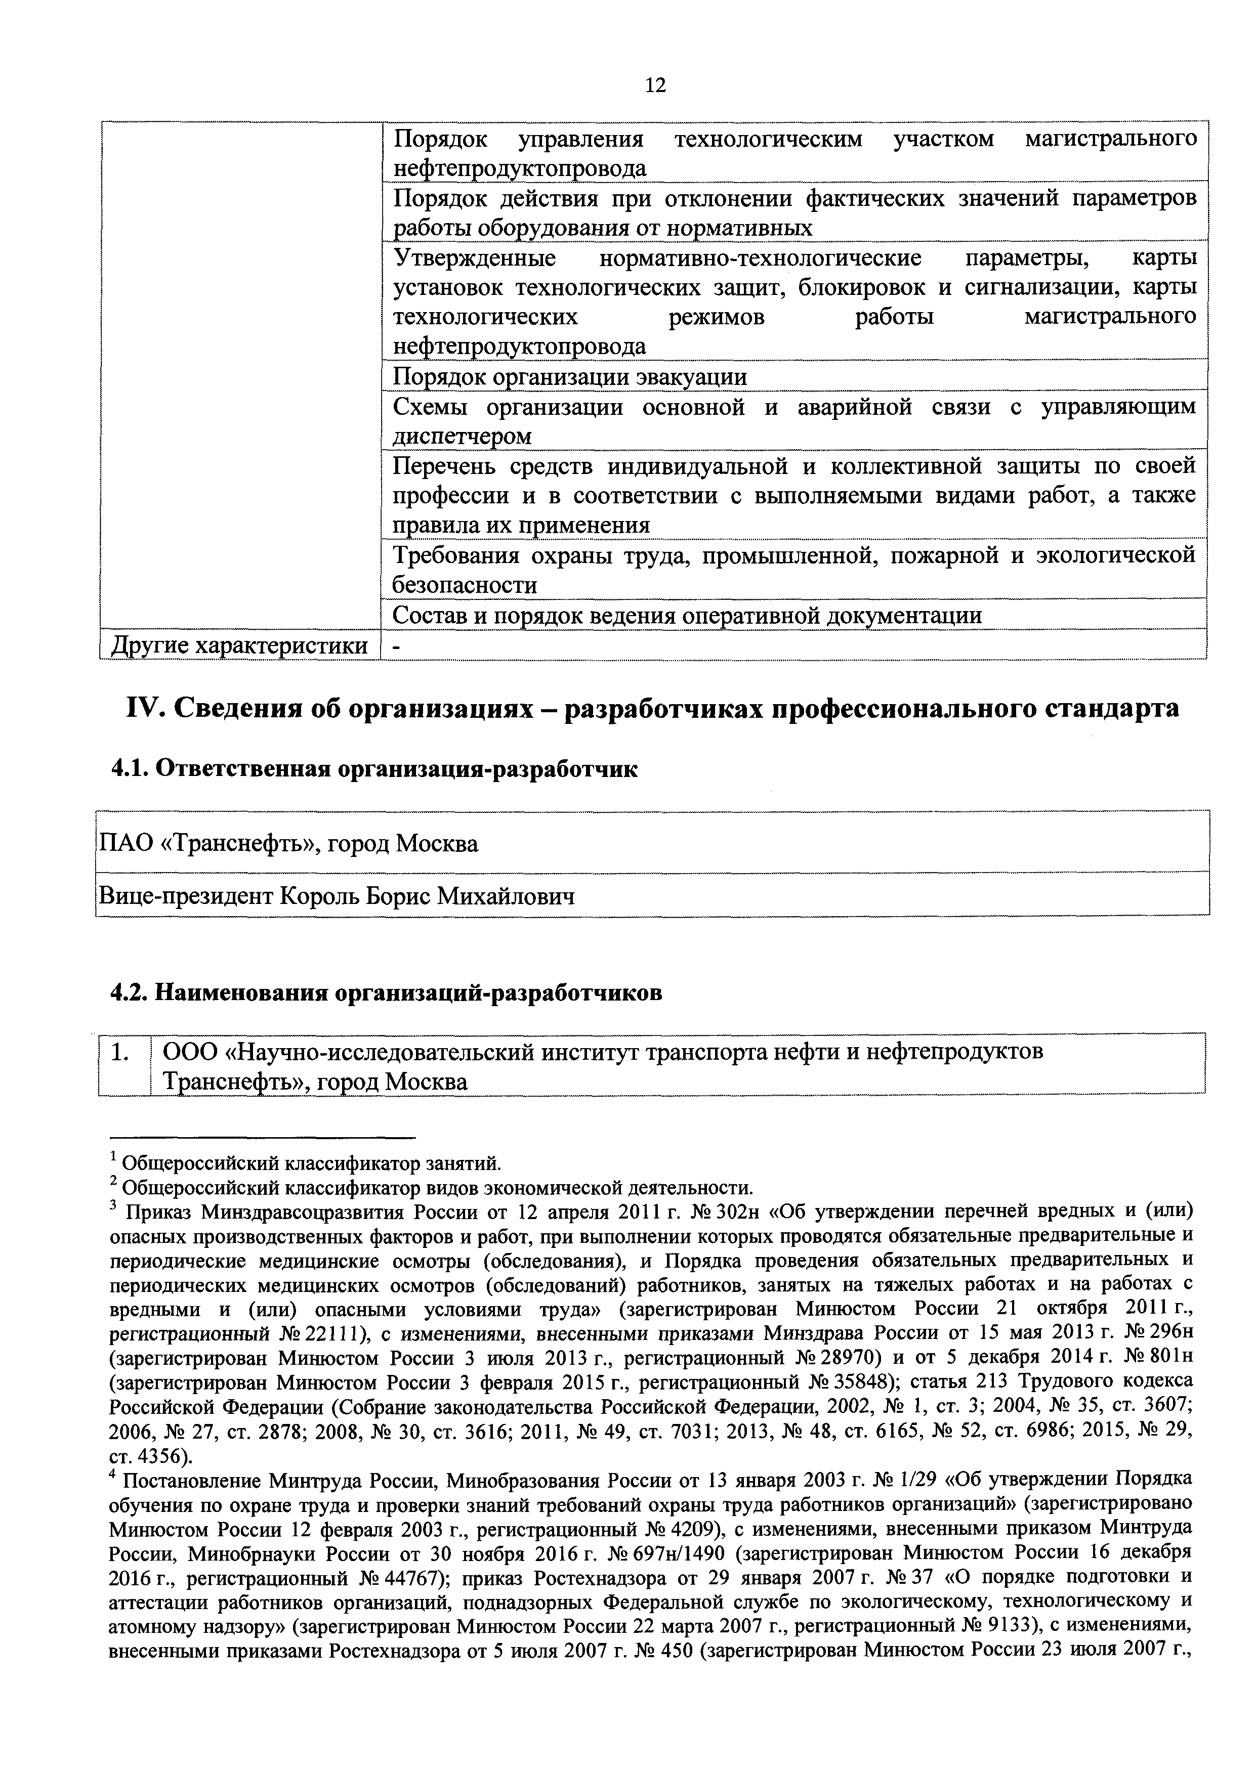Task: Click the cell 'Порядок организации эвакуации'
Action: (x=570, y=377)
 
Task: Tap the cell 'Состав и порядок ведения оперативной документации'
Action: (x=687, y=615)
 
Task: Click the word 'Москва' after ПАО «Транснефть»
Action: (x=437, y=843)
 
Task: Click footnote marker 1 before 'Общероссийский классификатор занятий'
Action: (x=113, y=1158)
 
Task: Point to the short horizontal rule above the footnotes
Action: (x=263, y=1137)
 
